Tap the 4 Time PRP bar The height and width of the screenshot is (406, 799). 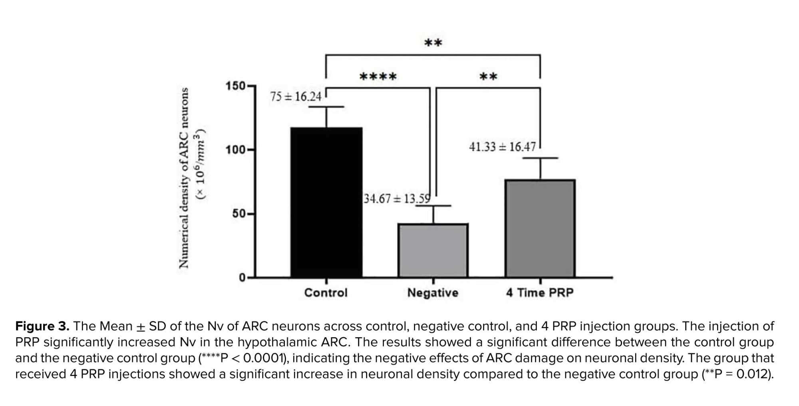[540, 228]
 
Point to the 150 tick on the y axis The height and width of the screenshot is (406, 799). [235, 86]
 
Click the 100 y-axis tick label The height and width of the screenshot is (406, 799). [235, 150]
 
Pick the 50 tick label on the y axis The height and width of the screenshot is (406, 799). [239, 214]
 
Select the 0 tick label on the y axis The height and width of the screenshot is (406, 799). [242, 277]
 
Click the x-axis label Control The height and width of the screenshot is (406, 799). [326, 293]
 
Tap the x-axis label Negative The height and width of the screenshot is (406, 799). [433, 293]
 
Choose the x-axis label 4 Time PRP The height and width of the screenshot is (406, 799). [540, 293]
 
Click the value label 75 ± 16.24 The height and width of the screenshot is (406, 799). [296, 97]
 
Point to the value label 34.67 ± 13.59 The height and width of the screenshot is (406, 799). [397, 199]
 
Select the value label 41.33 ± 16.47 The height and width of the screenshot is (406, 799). [502, 147]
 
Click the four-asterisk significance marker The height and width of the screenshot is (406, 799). [378, 76]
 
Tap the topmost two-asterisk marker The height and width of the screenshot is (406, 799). [433, 42]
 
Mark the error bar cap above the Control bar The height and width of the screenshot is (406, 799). [326, 107]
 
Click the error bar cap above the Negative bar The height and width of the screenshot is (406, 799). [433, 206]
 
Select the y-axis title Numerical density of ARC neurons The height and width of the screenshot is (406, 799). [183, 178]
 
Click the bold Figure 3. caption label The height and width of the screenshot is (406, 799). [42, 326]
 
